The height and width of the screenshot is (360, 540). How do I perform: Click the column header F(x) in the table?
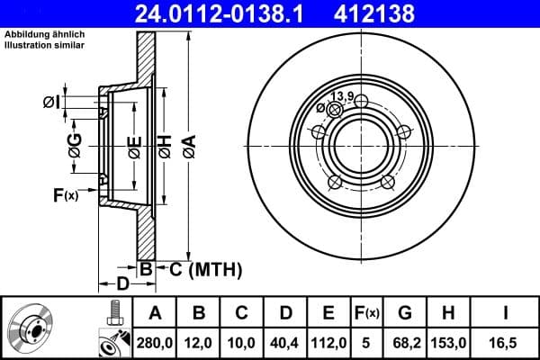[x=367, y=314]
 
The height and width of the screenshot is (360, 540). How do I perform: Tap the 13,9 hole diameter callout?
[x=341, y=96]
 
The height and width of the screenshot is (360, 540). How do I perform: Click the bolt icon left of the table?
[x=114, y=314]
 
